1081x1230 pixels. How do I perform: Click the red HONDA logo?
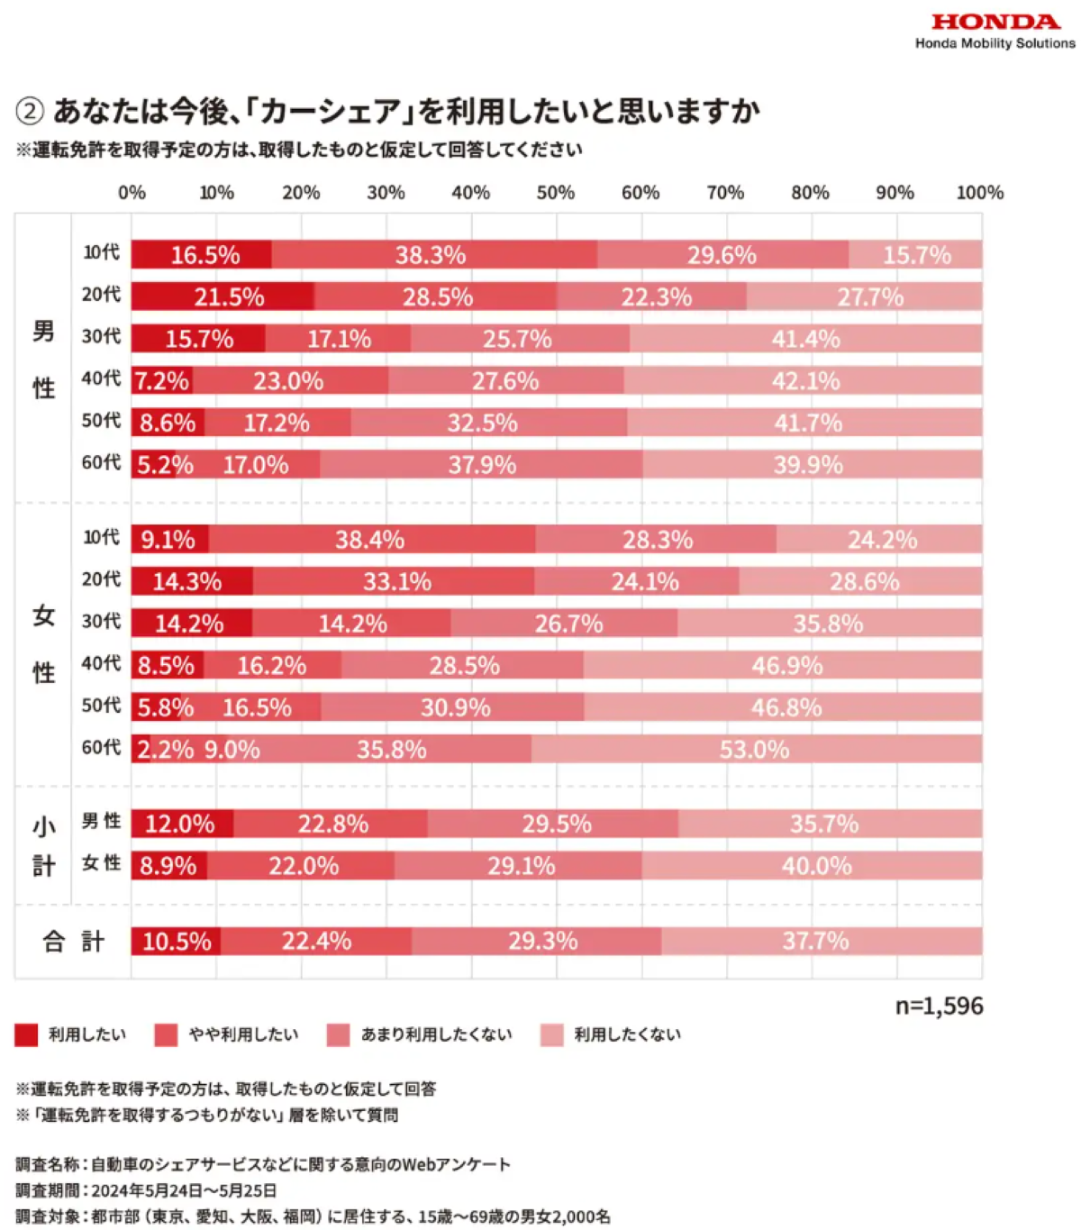(995, 23)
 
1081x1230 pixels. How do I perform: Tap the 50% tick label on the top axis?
(555, 193)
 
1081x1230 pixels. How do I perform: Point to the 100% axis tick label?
(979, 193)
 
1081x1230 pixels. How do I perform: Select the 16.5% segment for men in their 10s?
(201, 254)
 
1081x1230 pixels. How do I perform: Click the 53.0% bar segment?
(757, 749)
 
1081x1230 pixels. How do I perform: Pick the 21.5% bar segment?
(223, 296)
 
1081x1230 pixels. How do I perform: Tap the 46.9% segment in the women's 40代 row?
(783, 665)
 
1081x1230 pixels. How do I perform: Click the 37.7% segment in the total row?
(822, 941)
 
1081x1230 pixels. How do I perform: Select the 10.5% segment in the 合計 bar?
(176, 941)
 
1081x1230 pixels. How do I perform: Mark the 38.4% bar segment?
(372, 539)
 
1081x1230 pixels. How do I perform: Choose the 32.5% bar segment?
(488, 422)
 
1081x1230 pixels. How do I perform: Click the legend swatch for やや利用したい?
(166, 1034)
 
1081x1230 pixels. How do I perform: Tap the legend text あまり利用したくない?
(436, 1034)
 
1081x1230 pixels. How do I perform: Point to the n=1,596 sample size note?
(939, 1006)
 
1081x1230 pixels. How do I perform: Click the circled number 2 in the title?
(29, 112)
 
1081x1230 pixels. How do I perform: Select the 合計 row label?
(74, 941)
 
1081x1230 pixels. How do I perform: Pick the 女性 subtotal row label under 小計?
(101, 862)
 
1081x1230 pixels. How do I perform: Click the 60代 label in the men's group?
(101, 462)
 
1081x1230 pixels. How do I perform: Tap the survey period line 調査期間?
(146, 1190)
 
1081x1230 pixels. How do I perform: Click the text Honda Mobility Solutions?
(995, 43)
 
